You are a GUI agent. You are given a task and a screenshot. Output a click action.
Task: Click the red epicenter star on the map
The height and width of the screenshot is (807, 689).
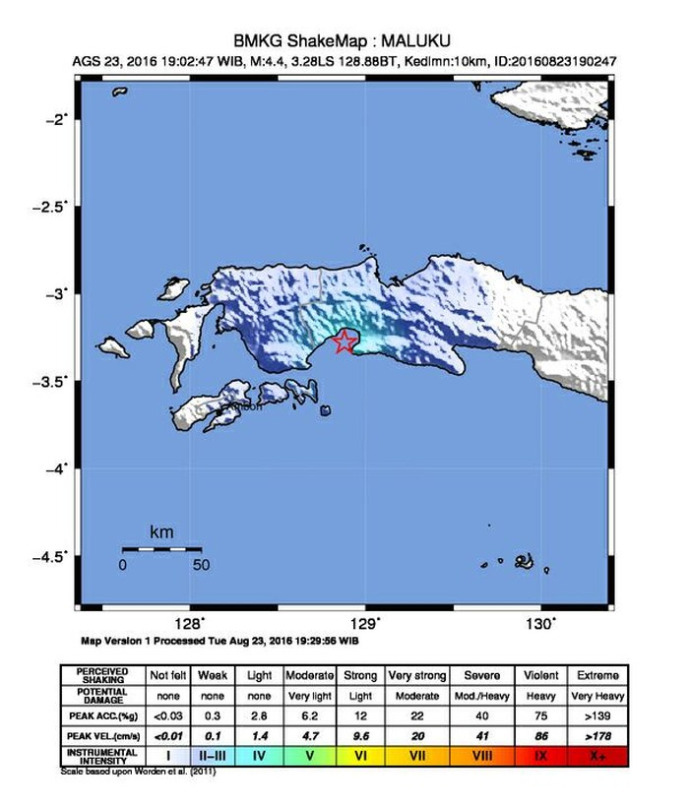tap(344, 341)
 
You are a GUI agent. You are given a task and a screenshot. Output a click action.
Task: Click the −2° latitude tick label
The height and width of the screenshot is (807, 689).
tap(58, 119)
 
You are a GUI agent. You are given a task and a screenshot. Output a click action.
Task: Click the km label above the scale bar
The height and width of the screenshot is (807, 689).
tap(161, 532)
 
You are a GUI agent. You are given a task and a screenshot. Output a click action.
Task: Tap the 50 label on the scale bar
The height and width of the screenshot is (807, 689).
tap(201, 565)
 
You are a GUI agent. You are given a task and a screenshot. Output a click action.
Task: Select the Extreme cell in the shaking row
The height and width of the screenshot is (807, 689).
tap(598, 676)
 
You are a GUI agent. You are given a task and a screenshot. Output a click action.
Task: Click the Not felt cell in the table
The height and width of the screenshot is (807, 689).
tap(166, 676)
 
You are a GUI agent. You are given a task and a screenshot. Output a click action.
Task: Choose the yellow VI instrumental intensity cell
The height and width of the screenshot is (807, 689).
tap(361, 756)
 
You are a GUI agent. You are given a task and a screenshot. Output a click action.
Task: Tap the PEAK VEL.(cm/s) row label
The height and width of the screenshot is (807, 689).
tap(102, 734)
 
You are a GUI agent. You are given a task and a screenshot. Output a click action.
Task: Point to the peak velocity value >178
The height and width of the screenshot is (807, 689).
tap(598, 734)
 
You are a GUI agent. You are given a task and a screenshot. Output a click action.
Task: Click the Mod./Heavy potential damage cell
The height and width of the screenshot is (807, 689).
tap(483, 695)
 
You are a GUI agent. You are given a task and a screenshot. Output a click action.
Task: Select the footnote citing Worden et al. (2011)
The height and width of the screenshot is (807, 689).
tap(138, 771)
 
